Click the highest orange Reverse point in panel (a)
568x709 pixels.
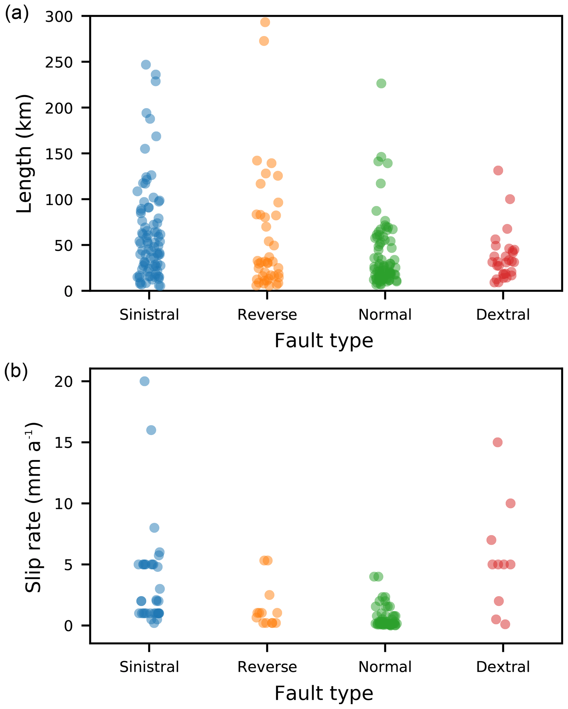[x=265, y=22]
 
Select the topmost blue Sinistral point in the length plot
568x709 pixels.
[x=146, y=65]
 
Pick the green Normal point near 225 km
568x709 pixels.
[x=381, y=83]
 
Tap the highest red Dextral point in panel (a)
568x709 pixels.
[x=498, y=170]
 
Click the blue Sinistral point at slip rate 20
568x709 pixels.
[x=145, y=381]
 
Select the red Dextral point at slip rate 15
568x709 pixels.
[x=498, y=442]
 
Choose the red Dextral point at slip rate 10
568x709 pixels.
[x=510, y=503]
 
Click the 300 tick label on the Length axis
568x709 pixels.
[x=59, y=16]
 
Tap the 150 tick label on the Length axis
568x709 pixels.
[x=59, y=154]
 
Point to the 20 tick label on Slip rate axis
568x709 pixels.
[x=63, y=381]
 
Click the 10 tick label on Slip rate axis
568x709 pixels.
[x=63, y=503]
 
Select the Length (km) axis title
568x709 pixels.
[x=24, y=154]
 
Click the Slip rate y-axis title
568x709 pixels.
[x=33, y=507]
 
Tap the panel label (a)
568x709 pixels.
[x=16, y=14]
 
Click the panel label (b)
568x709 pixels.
[x=16, y=371]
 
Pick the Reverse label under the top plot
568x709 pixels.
[x=267, y=315]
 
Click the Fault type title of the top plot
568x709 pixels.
[x=324, y=341]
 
